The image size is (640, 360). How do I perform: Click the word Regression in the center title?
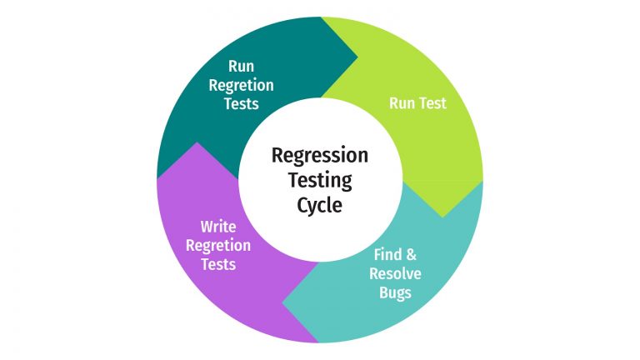click(x=319, y=156)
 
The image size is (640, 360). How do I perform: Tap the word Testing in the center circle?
click(x=319, y=180)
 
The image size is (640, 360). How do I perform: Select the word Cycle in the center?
click(x=319, y=204)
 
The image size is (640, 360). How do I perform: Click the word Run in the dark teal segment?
click(x=241, y=67)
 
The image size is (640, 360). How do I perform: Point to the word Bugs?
click(x=394, y=292)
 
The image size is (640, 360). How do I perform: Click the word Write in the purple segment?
click(x=218, y=227)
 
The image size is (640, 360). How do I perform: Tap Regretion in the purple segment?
click(x=218, y=245)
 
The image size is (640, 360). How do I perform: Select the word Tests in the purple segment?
click(x=218, y=264)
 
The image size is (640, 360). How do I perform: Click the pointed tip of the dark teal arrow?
click(x=357, y=58)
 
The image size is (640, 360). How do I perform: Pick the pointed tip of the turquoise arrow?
click(x=283, y=301)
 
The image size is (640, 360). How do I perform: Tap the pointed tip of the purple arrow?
click(x=197, y=142)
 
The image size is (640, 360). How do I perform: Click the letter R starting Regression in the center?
click(x=277, y=156)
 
